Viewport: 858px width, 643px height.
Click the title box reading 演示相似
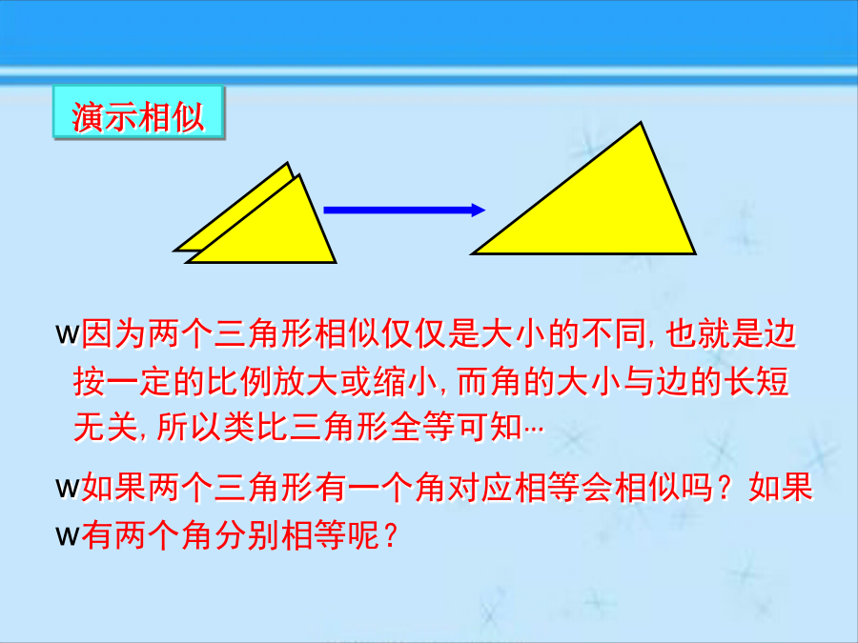click(138, 112)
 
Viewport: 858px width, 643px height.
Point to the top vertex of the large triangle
click(641, 123)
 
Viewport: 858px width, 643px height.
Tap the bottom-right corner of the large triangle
click(694, 253)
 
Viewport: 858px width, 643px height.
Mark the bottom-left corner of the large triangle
click(473, 253)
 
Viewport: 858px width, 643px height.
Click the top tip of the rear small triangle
click(287, 163)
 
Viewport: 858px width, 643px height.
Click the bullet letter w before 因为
click(68, 333)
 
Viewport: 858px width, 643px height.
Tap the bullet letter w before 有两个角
click(68, 535)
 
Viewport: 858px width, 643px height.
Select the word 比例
click(239, 381)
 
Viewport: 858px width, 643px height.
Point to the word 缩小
click(405, 381)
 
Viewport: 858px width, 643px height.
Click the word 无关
click(106, 427)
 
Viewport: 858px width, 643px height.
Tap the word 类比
click(255, 427)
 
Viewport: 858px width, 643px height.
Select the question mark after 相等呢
click(390, 535)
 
